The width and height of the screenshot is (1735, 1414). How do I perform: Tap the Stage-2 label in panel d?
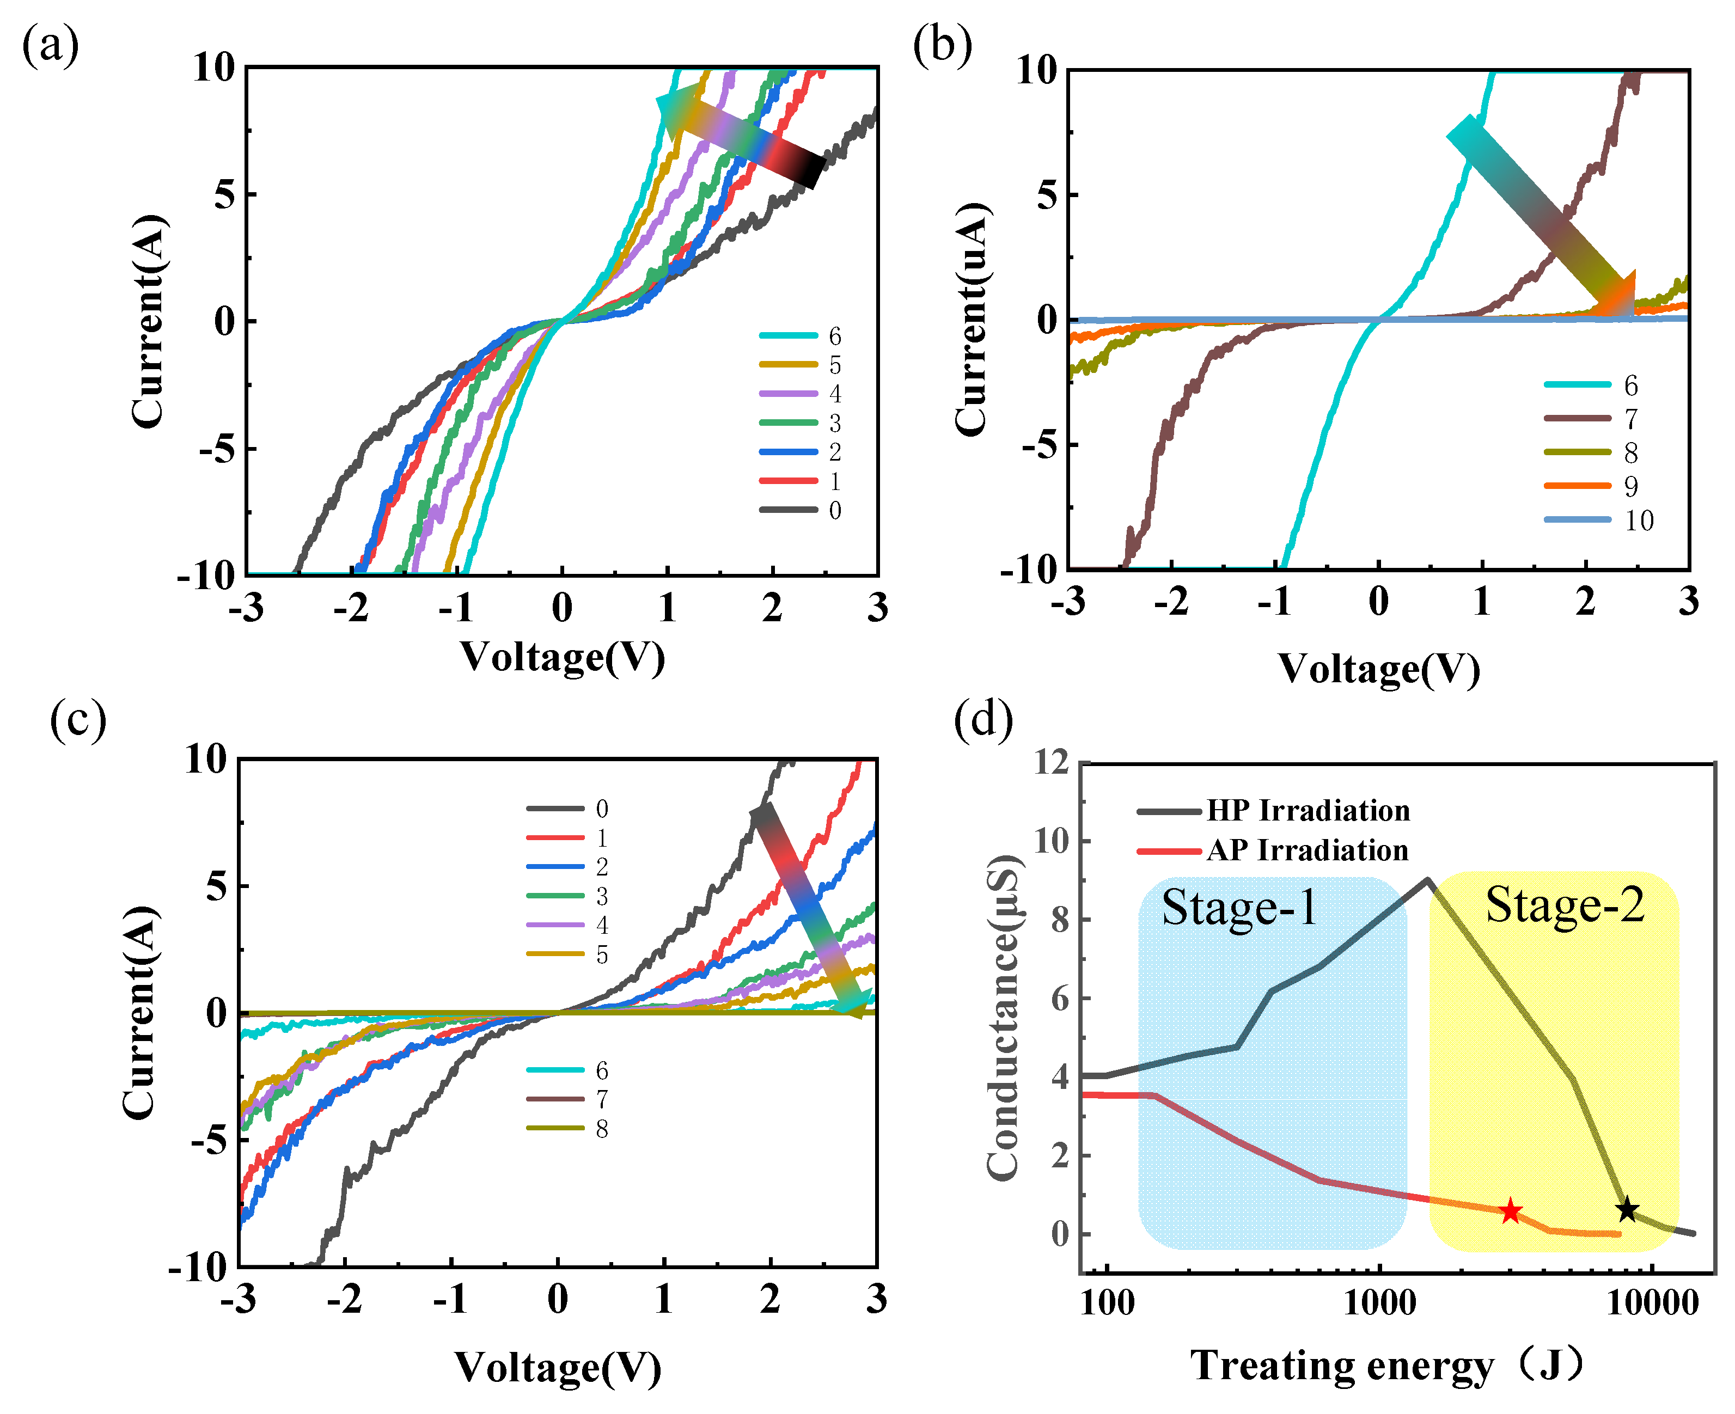tap(1565, 905)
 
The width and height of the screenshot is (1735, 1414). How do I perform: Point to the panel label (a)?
tap(51, 46)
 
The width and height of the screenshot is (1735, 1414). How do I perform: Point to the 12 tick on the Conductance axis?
tap(1051, 763)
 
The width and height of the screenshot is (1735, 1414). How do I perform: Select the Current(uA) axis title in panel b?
tap(972, 319)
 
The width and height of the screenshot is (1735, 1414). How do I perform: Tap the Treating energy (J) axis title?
tap(1385, 1364)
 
